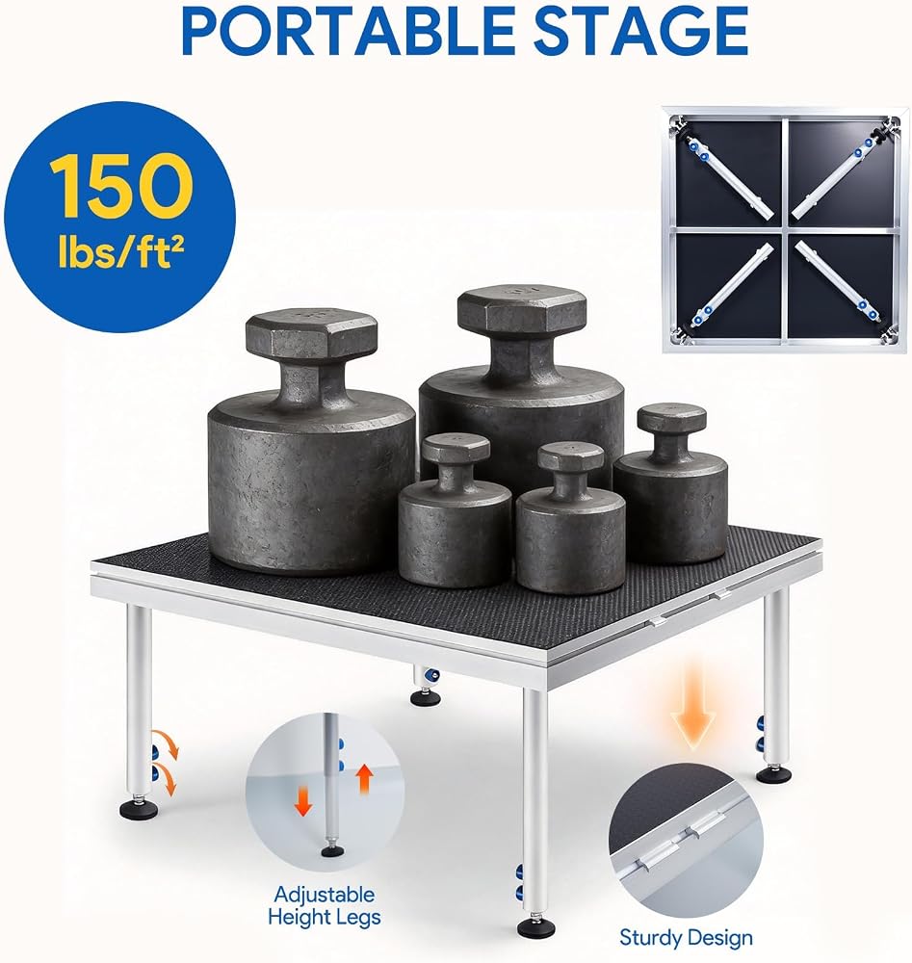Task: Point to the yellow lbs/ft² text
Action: pyautogui.click(x=121, y=251)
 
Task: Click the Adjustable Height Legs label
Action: pyautogui.click(x=325, y=905)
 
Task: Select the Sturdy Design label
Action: pyautogui.click(x=686, y=938)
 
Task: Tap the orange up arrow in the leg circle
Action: pyautogui.click(x=365, y=779)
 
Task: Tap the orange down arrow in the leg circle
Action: pyautogui.click(x=302, y=801)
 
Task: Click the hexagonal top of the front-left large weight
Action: pyautogui.click(x=311, y=335)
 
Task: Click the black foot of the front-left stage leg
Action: pyautogui.click(x=139, y=808)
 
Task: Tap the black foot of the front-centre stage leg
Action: pyautogui.click(x=536, y=926)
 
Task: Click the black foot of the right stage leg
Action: pyautogui.click(x=774, y=774)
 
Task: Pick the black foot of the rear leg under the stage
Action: pyautogui.click(x=425, y=697)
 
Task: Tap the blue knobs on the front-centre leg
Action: pyautogui.click(x=521, y=882)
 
